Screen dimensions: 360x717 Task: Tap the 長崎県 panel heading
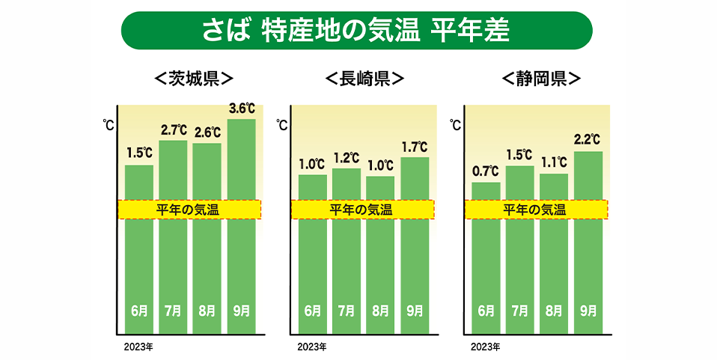click(364, 78)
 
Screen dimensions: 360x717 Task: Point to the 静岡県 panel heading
click(541, 78)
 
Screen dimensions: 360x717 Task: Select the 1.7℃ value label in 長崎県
click(415, 147)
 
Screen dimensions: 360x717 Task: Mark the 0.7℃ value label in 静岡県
click(486, 172)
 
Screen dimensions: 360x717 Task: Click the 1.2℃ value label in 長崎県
click(346, 159)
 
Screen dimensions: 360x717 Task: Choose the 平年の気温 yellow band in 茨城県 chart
click(189, 210)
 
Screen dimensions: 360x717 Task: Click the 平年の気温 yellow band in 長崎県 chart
click(362, 210)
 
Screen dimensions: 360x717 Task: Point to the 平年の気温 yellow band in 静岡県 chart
click(536, 210)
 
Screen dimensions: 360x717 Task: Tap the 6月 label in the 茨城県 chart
click(138, 310)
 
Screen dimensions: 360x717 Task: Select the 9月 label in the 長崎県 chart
click(415, 310)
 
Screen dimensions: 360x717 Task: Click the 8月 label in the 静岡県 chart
click(554, 310)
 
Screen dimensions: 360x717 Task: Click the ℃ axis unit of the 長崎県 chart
click(282, 125)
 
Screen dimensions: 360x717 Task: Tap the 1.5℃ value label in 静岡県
click(519, 156)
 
